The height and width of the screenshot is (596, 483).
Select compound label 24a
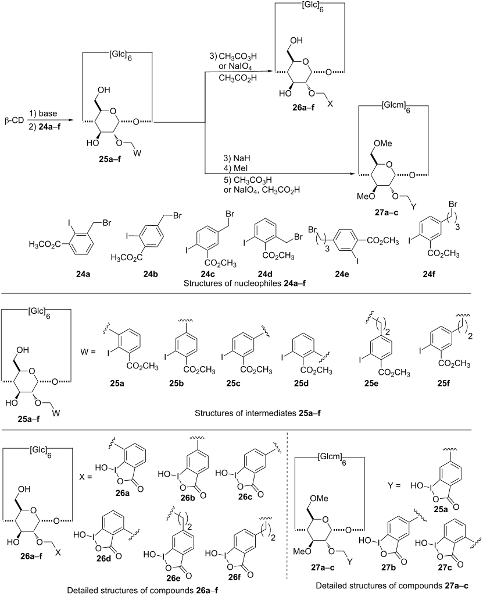pyautogui.click(x=83, y=274)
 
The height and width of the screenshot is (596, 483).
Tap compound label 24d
pyautogui.click(x=264, y=274)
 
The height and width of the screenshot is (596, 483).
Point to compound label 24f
pyautogui.click(x=428, y=274)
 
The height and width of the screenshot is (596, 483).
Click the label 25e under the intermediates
pyautogui.click(x=371, y=384)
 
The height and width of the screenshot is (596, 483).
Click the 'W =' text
pyautogui.click(x=88, y=352)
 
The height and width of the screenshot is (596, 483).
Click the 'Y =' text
pyautogui.click(x=393, y=485)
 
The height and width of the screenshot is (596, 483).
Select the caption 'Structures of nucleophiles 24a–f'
pyautogui.click(x=245, y=283)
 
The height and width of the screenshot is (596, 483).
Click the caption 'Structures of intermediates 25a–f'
pyautogui.click(x=257, y=413)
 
